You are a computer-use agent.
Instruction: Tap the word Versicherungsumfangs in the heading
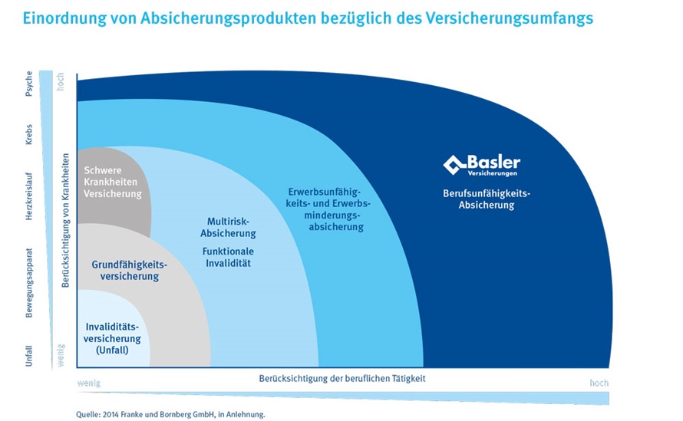tap(510, 18)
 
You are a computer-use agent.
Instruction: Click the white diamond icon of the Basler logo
tap(454, 165)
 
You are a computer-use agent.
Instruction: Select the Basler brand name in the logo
tap(494, 163)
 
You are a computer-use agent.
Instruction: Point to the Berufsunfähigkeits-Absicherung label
tap(487, 199)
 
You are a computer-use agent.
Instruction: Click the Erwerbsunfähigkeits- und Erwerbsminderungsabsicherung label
tap(328, 209)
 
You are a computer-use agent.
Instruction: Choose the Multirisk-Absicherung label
tap(228, 227)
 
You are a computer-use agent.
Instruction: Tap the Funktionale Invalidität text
tap(228, 257)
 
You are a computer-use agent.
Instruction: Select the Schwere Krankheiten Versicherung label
tap(112, 182)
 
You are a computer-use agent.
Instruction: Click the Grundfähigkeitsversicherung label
tap(130, 271)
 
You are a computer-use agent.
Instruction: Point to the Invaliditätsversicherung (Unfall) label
tap(112, 338)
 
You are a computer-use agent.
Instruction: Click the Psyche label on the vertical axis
tap(28, 83)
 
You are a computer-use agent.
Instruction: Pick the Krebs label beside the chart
tap(28, 134)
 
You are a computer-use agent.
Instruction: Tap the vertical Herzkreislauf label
tap(28, 196)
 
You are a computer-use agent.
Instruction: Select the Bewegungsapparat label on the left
tap(28, 283)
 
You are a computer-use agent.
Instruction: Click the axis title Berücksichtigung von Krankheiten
tap(65, 220)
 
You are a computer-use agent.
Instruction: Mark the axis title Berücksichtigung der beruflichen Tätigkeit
tap(342, 378)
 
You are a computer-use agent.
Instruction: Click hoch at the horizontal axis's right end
tap(599, 383)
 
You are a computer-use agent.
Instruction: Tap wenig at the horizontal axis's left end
tap(89, 383)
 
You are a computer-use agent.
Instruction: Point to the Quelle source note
tap(170, 414)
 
